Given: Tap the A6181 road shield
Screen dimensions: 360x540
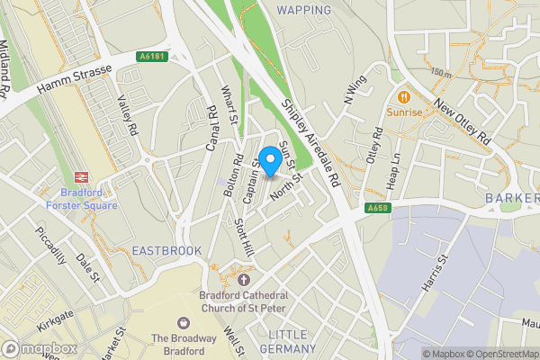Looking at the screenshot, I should click(x=153, y=57).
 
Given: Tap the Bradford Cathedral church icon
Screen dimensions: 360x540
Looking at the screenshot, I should click(x=244, y=280).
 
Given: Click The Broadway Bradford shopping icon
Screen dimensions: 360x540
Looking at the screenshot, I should click(x=184, y=322).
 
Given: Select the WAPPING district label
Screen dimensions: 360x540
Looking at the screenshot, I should click(x=303, y=10).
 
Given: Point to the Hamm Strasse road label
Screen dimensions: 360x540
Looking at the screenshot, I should click(x=74, y=78).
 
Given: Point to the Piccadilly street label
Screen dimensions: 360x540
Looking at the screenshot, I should click(x=51, y=244).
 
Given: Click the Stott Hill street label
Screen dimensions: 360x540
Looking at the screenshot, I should click(x=244, y=240).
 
